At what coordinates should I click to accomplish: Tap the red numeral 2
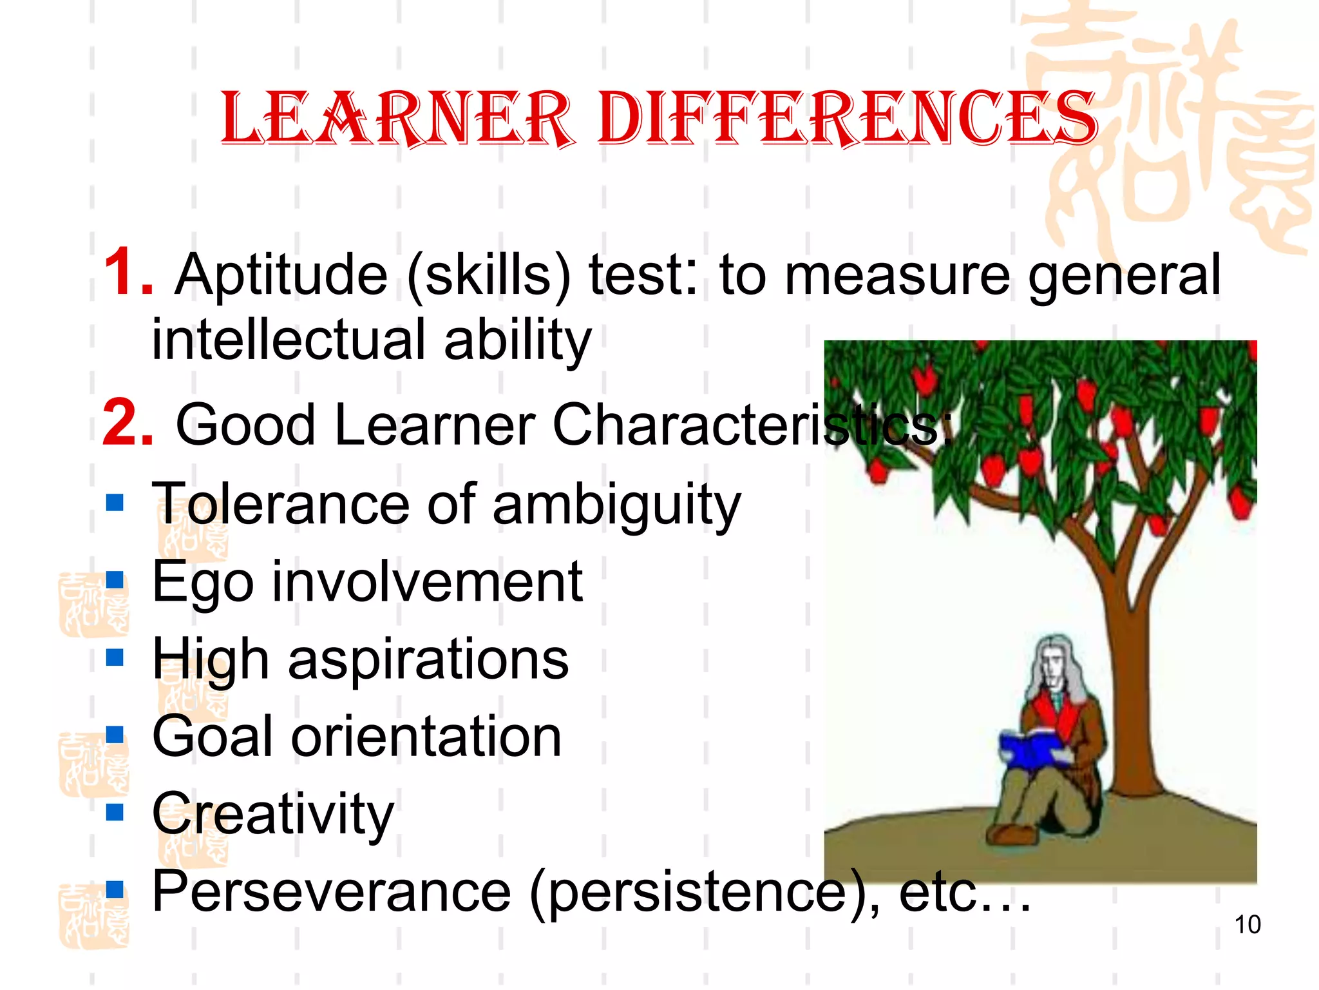[x=127, y=423]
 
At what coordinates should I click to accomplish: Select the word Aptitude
[x=281, y=276]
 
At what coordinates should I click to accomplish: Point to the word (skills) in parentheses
[x=489, y=276]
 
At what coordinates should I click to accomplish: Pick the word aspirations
[x=428, y=661]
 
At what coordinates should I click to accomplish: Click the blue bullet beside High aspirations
[x=115, y=657]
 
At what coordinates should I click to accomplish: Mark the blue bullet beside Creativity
[x=115, y=811]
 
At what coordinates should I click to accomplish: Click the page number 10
[x=1247, y=924]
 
